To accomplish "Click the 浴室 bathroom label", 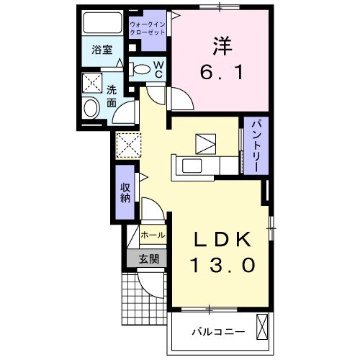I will (x=101, y=50).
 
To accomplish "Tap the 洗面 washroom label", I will (x=112, y=97).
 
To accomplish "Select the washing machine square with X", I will (x=92, y=83).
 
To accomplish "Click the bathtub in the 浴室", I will (x=101, y=24).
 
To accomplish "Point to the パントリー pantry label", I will (x=256, y=145).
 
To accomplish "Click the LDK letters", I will (x=222, y=239).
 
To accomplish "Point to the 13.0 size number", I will (x=222, y=266).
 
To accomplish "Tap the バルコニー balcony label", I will (x=217, y=333).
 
